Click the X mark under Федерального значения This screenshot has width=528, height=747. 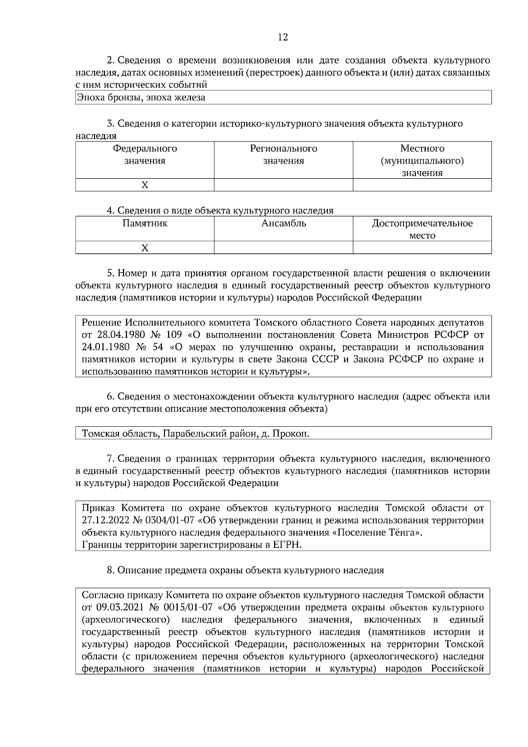pos(145,185)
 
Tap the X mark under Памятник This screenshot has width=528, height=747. pos(145,248)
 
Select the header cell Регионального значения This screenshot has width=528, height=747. pos(283,154)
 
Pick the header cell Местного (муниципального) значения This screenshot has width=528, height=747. pos(422,161)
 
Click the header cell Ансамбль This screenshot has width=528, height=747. pos(283,223)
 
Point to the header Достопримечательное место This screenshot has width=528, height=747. pos(422,229)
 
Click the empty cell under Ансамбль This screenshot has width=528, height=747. pos(283,248)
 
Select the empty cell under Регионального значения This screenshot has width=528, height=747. pos(283,185)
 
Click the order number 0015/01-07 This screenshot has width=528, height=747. pos(187,608)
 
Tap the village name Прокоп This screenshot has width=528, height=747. pos(290,434)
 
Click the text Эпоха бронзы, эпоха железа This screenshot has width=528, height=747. pos(141,98)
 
